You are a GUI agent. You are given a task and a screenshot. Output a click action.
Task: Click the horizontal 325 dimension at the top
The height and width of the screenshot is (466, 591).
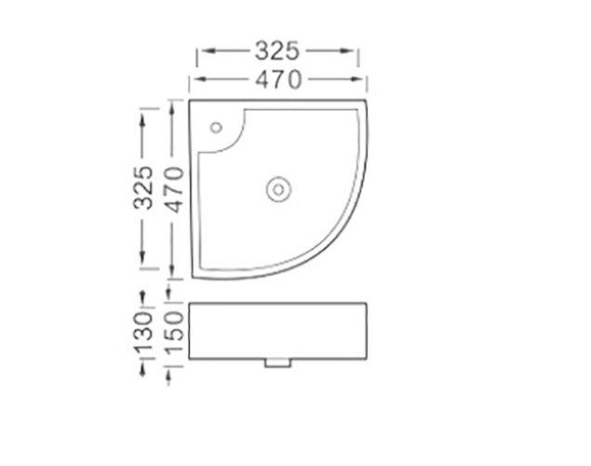277,51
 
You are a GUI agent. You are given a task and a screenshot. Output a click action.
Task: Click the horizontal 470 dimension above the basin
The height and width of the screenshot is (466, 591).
278,79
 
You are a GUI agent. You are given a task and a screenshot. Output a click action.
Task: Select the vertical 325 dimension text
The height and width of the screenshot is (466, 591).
143,187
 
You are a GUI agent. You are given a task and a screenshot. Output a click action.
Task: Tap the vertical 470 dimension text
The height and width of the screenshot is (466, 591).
174,190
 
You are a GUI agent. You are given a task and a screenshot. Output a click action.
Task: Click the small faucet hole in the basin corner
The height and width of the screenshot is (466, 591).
216,128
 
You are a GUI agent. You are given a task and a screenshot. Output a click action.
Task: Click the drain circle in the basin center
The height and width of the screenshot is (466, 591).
278,189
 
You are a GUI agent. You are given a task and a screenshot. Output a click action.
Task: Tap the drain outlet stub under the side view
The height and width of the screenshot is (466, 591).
277,363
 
